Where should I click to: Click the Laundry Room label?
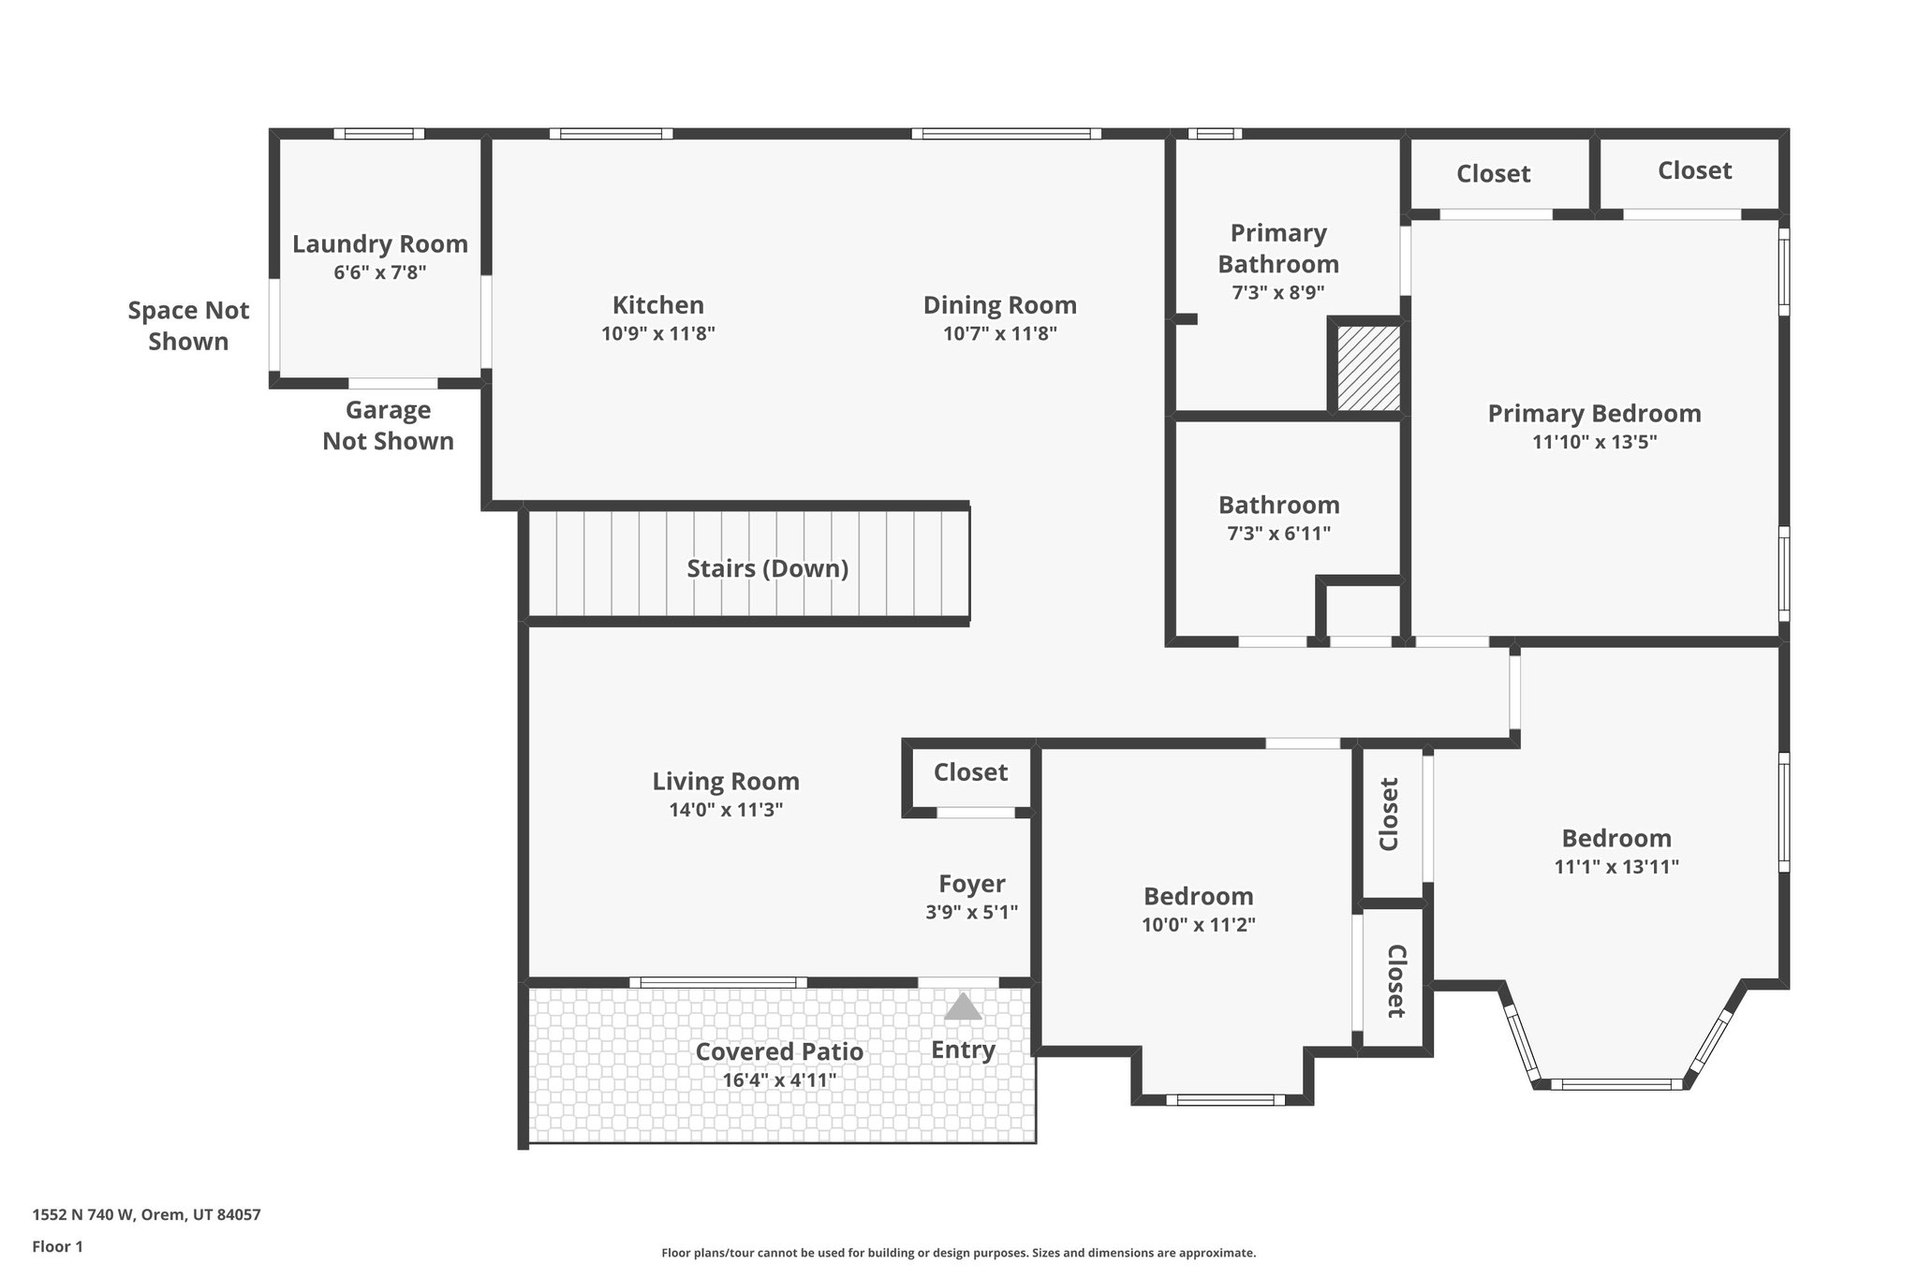coord(379,244)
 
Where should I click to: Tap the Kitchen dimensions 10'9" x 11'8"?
coord(657,333)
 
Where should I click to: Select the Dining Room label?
coord(999,305)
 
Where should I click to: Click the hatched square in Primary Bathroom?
coord(1367,368)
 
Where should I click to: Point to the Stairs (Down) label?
coord(767,568)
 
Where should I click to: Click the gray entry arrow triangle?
coord(963,1007)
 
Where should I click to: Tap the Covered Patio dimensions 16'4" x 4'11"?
coord(778,1080)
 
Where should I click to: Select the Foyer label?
coord(971,884)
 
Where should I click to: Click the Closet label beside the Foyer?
coord(970,772)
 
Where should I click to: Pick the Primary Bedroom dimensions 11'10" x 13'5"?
coord(1594,442)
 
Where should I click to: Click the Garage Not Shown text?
coord(388,425)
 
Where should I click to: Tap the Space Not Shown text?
coord(188,326)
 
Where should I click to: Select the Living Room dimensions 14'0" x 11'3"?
coord(725,810)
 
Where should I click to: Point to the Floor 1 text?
coord(57,1246)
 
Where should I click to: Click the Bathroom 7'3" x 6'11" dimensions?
coord(1278,534)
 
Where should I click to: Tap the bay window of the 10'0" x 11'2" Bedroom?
coord(1224,1099)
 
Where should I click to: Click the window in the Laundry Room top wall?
coord(378,134)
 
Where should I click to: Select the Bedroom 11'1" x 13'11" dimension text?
coord(1616,867)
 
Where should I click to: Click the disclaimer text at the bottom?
coord(958,1253)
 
